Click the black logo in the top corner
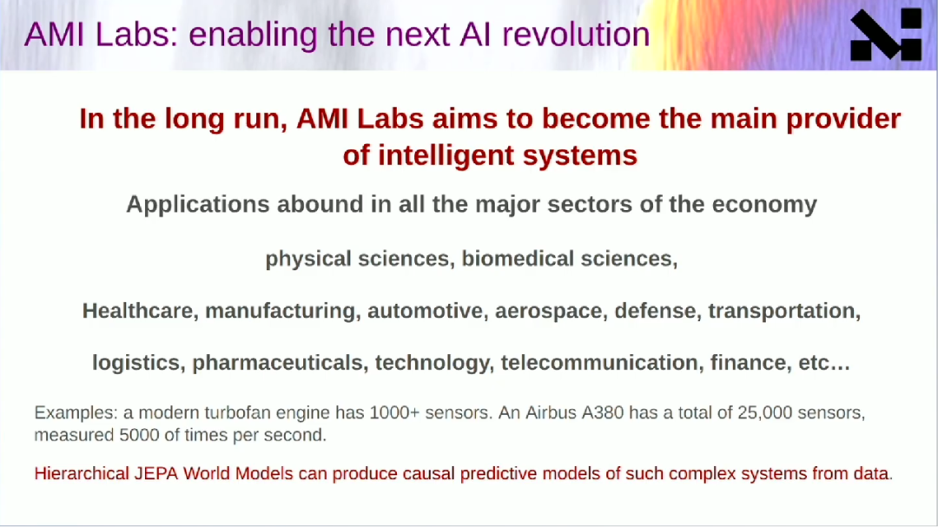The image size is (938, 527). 886,35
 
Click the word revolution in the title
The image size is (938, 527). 576,34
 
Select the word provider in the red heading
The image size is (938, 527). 842,118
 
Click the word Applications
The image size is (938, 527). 198,205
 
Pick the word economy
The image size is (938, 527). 764,205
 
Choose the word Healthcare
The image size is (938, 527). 141,311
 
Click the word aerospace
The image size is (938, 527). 551,312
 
